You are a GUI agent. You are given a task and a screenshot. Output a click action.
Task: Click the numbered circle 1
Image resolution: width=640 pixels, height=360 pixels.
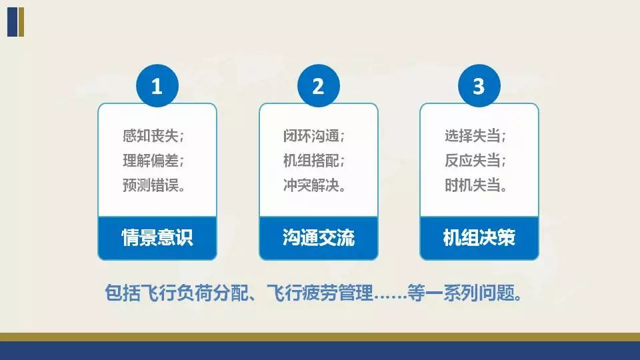pos(157,86)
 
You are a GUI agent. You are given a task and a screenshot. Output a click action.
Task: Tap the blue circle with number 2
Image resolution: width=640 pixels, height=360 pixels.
pos(318,86)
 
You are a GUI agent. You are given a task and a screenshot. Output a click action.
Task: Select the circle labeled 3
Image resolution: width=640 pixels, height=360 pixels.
pos(479,86)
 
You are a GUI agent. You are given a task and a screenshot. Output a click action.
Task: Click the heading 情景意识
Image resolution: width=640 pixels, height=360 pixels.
pos(157,237)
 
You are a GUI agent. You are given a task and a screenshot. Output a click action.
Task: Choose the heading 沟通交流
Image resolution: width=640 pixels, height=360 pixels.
pos(318,237)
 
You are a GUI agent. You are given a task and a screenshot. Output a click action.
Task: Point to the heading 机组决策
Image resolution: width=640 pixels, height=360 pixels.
pos(479,237)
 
